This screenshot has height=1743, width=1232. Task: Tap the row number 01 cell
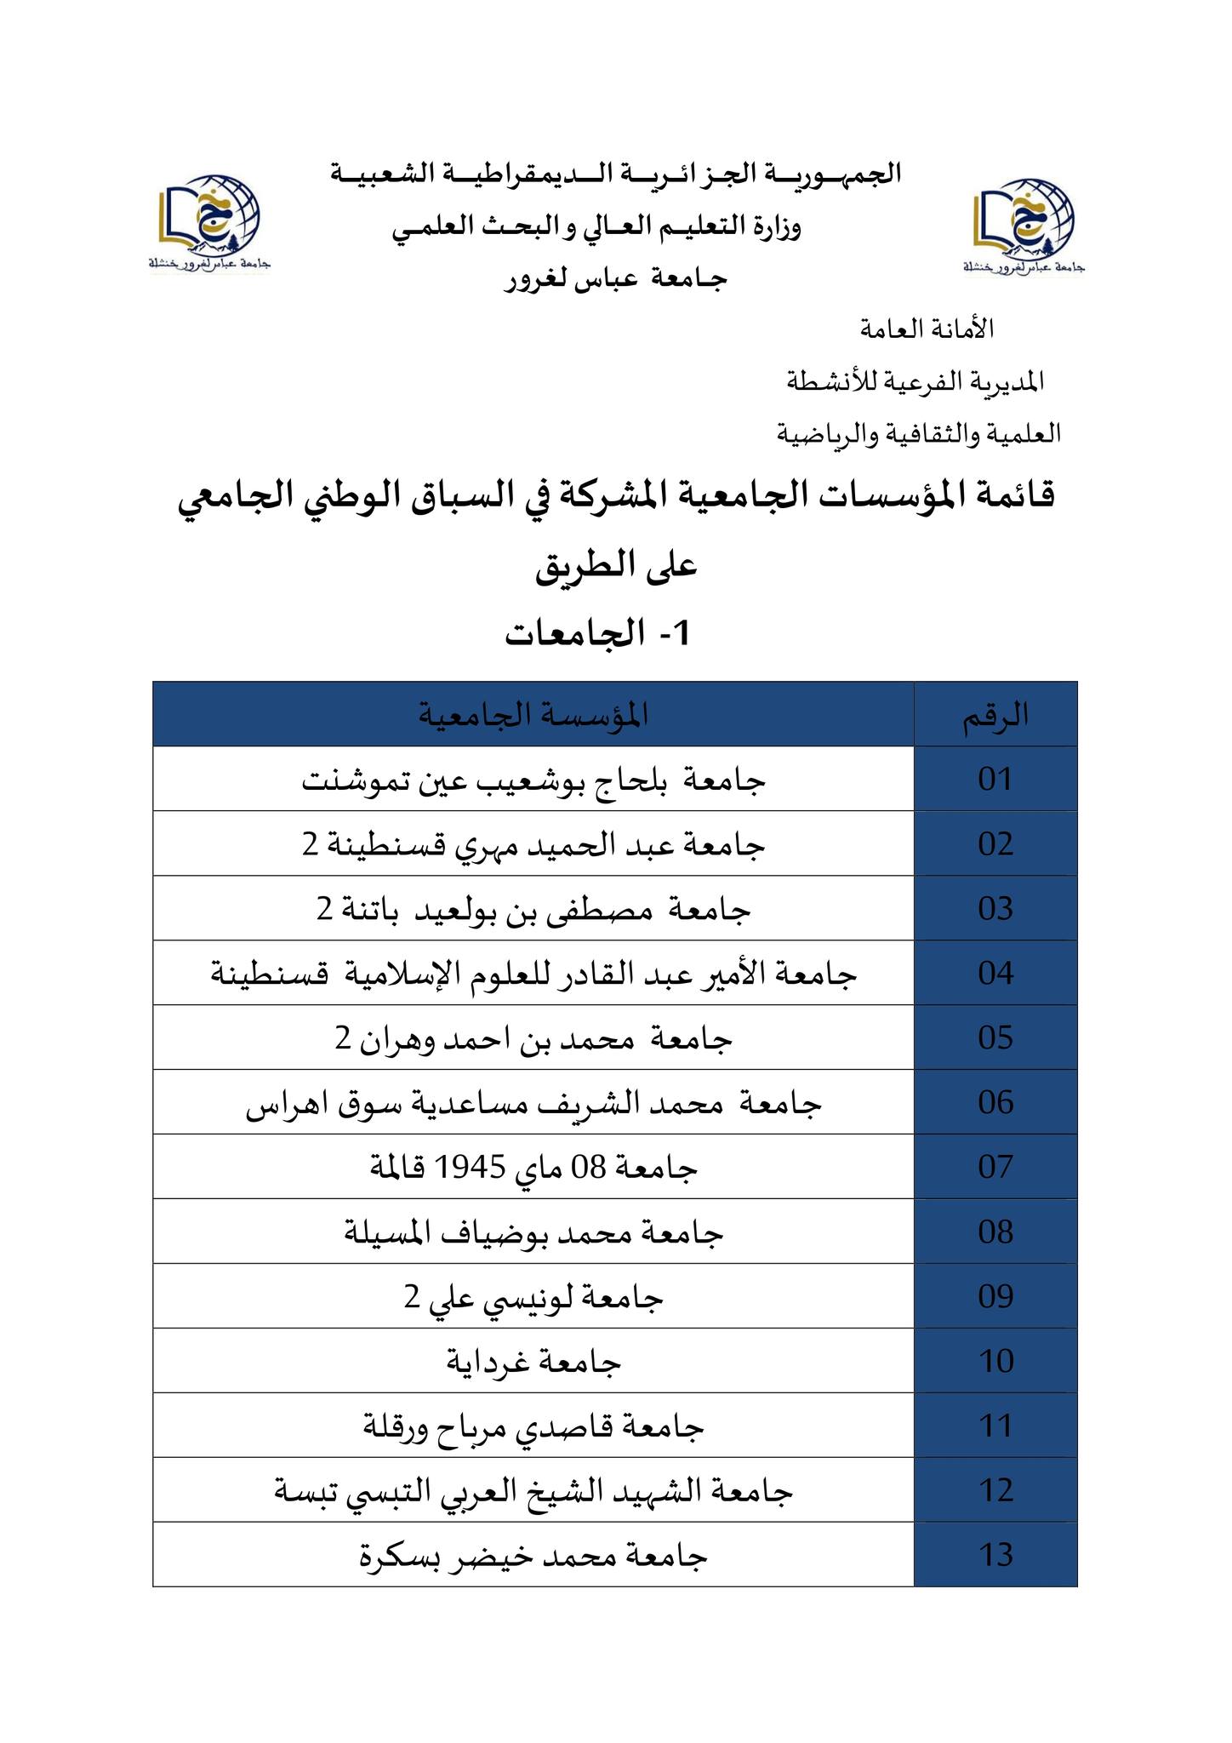[x=995, y=779]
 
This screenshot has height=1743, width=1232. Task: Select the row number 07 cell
[x=995, y=1167]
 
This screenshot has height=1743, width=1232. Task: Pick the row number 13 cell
[x=995, y=1555]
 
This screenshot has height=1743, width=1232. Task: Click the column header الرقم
[x=995, y=715]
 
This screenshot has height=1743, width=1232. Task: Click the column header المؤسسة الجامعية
[x=533, y=715]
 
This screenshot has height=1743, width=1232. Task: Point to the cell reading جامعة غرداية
[x=533, y=1362]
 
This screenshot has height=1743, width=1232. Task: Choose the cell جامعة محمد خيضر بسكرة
[x=533, y=1556]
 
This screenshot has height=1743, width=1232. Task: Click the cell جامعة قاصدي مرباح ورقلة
[x=533, y=1426]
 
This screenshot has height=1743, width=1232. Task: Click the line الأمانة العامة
[x=927, y=329]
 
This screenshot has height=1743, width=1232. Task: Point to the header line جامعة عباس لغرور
[x=616, y=279]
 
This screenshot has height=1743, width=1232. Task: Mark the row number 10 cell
[x=995, y=1361]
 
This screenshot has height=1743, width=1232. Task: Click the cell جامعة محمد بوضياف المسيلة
[x=533, y=1232]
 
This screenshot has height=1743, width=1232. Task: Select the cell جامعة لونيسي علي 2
[x=533, y=1297]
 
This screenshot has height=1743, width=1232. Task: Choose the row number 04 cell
[x=995, y=973]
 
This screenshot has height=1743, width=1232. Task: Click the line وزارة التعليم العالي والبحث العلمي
[x=596, y=227]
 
